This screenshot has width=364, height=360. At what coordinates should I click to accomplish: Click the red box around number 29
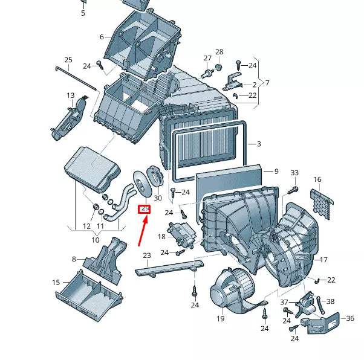(x=145, y=209)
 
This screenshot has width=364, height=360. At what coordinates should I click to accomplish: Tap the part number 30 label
(x=158, y=198)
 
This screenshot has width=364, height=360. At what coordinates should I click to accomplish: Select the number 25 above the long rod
(x=68, y=60)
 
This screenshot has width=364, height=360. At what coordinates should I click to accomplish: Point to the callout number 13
(x=71, y=95)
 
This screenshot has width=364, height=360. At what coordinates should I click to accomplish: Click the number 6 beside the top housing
(x=102, y=37)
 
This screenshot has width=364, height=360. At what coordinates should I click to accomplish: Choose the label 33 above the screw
(x=294, y=173)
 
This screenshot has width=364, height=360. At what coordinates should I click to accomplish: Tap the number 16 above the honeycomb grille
(x=317, y=179)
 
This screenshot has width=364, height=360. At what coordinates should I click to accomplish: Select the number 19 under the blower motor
(x=220, y=318)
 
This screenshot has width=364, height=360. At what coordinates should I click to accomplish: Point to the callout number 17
(x=323, y=260)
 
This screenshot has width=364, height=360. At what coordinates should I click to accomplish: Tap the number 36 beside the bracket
(x=349, y=318)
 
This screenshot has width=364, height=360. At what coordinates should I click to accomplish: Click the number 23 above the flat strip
(x=146, y=256)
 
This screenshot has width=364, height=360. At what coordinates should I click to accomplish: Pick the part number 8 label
(x=74, y=259)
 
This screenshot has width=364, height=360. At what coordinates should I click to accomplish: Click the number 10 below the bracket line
(x=95, y=240)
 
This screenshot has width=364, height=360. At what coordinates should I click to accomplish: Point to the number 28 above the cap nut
(x=219, y=52)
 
